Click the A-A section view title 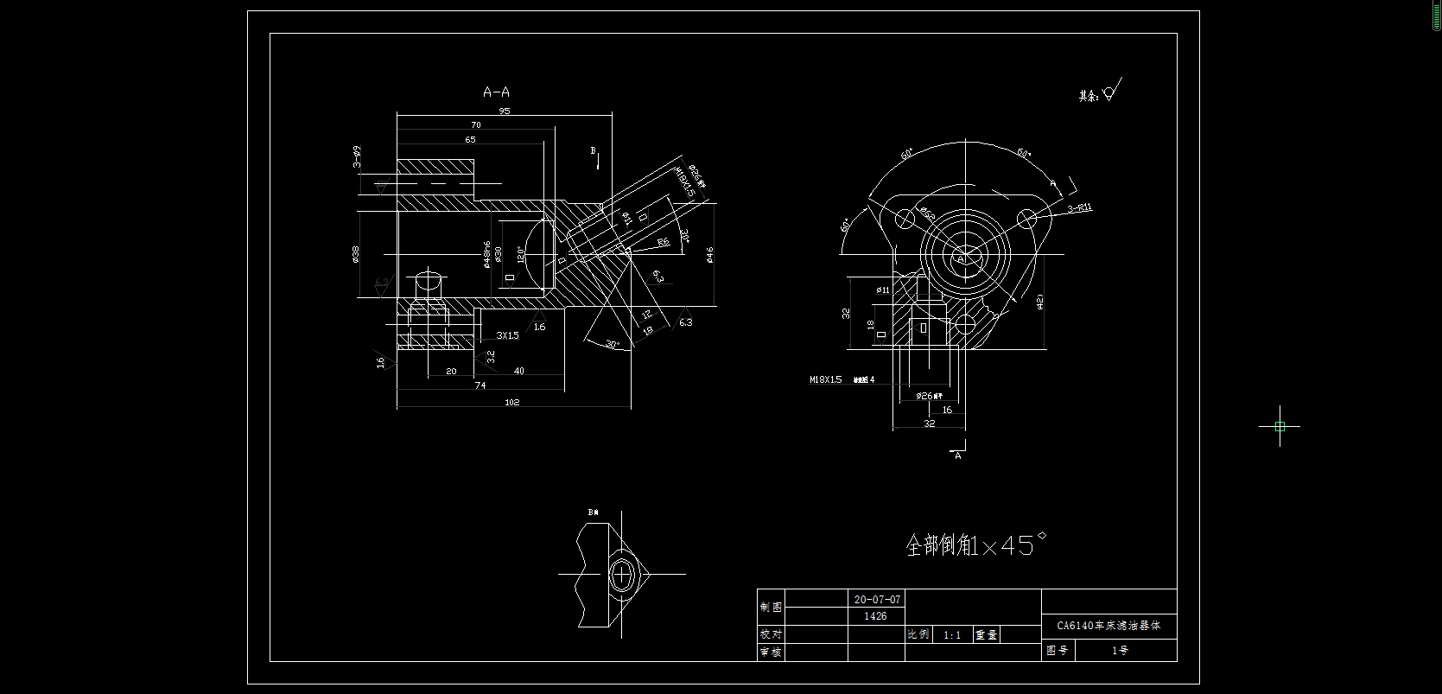496,92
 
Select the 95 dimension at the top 505,111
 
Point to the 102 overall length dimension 512,403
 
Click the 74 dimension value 480,385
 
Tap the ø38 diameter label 356,253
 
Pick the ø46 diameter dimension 709,254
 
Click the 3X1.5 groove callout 508,335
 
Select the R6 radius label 663,242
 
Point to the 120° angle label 520,254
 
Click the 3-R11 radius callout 1080,207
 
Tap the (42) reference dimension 1039,301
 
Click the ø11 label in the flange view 883,290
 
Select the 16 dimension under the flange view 947,410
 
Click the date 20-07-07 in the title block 877,599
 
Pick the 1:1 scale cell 952,634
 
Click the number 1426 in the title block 875,616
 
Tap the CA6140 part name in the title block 1108,626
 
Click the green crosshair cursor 1280,426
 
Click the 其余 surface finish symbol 1101,92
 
